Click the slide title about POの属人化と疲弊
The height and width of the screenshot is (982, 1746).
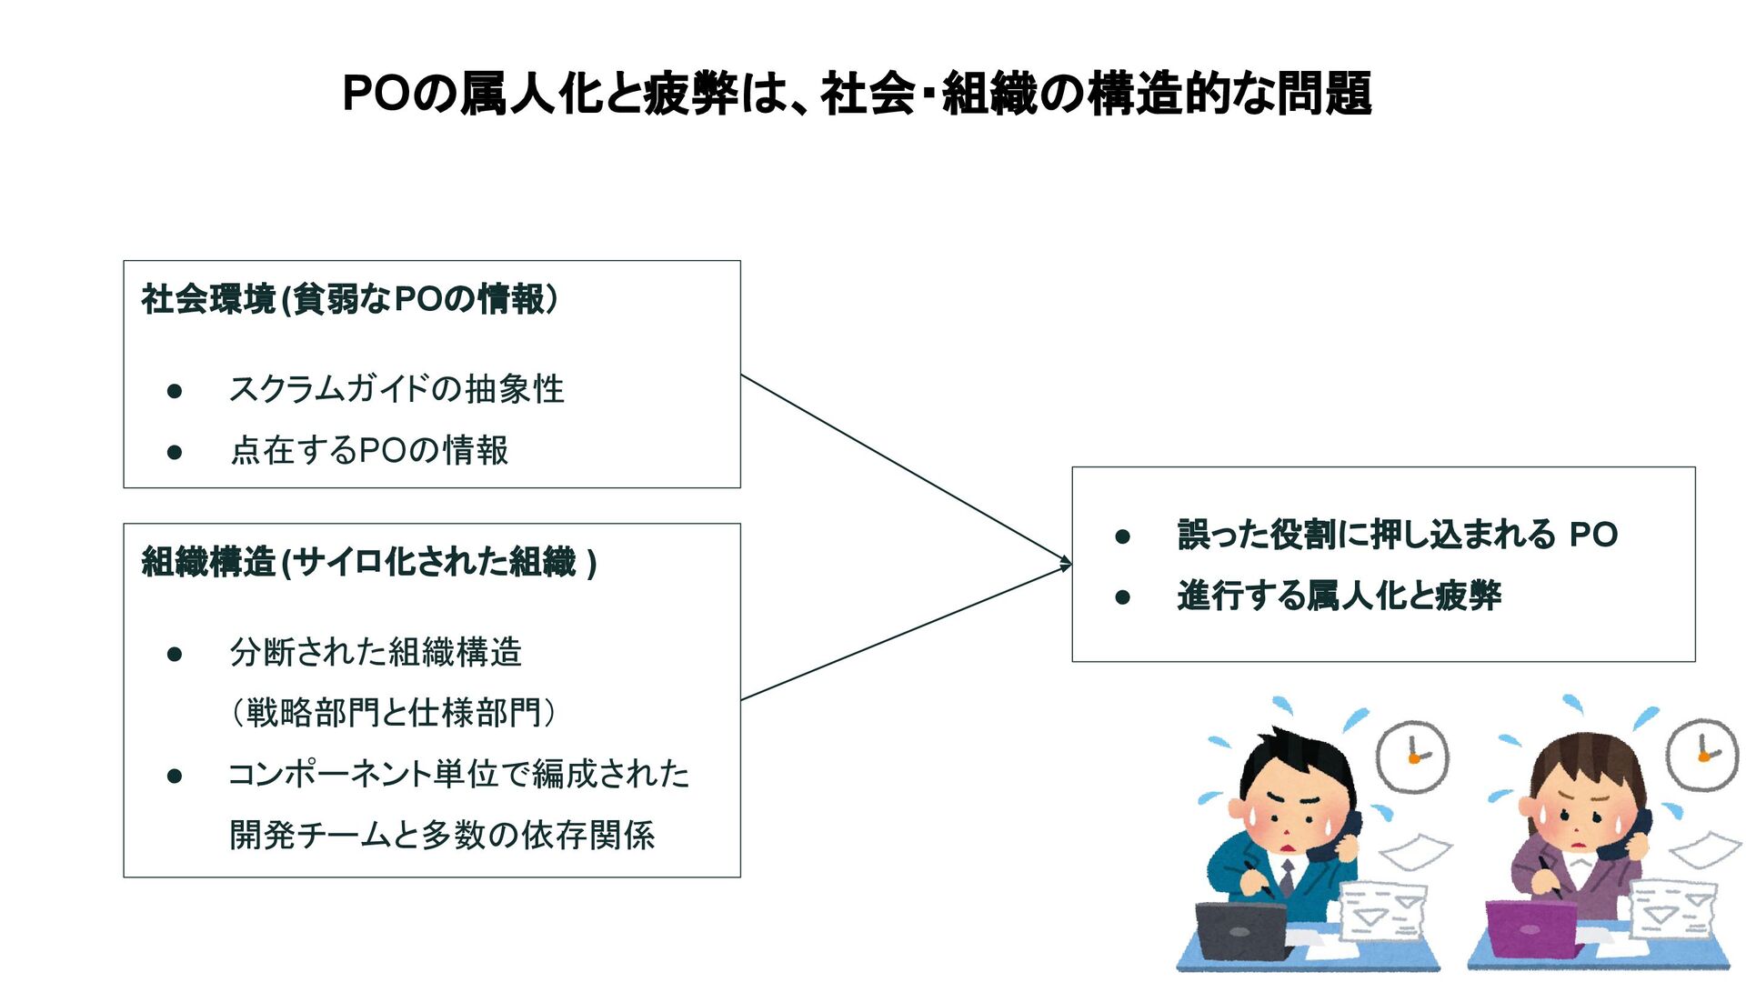pos(857,94)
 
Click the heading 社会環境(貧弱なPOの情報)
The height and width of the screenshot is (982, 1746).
pos(350,299)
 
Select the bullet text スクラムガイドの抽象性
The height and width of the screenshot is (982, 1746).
pos(396,389)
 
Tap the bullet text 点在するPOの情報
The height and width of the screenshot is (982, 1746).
pos(369,450)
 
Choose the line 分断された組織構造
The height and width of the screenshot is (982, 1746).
pos(376,652)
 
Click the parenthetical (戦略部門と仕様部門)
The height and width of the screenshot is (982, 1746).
pos(393,713)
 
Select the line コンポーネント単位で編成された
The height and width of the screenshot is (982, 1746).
pos(458,774)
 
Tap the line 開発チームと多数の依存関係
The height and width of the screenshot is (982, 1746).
pos(442,835)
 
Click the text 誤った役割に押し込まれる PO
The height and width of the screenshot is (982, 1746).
pos(1398,535)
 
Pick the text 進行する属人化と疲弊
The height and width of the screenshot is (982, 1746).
pos(1340,596)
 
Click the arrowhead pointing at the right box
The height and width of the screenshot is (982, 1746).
pos(1066,564)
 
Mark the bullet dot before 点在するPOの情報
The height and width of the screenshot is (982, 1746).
pos(175,452)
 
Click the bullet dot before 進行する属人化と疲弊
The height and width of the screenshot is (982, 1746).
pos(1123,597)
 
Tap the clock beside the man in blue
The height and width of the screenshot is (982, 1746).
pos(1412,756)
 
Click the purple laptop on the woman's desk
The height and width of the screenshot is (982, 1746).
pos(1530,927)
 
